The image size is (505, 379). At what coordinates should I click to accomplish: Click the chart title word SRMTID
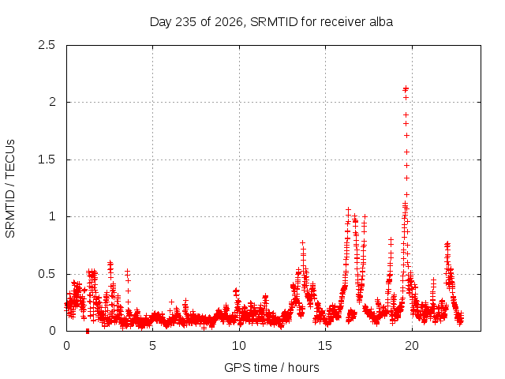pyautogui.click(x=274, y=22)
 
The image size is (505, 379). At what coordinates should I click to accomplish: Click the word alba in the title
pyautogui.click(x=381, y=22)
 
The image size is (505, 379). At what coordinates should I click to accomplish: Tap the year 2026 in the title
pyautogui.click(x=228, y=22)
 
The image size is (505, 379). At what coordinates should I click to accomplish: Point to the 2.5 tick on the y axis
pyautogui.click(x=47, y=45)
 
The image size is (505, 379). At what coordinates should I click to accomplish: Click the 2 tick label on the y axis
pyautogui.click(x=52, y=102)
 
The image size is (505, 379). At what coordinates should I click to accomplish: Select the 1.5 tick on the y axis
pyautogui.click(x=47, y=159)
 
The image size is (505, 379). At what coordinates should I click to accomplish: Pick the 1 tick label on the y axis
pyautogui.click(x=53, y=216)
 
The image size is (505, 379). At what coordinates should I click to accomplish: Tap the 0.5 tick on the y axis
pyautogui.click(x=47, y=274)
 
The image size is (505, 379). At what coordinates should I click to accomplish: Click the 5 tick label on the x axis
pyautogui.click(x=152, y=346)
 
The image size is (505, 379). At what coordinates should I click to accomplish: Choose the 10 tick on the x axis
pyautogui.click(x=239, y=346)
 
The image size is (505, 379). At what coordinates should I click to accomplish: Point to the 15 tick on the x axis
pyautogui.click(x=325, y=346)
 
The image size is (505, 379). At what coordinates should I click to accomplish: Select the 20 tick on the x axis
pyautogui.click(x=412, y=346)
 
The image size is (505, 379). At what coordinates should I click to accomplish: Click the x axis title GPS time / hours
pyautogui.click(x=271, y=368)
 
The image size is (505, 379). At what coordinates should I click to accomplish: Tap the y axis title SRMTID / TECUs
pyautogui.click(x=10, y=189)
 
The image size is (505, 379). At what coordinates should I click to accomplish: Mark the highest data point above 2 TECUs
pyautogui.click(x=406, y=88)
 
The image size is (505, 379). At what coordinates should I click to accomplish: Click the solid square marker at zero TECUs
pyautogui.click(x=88, y=332)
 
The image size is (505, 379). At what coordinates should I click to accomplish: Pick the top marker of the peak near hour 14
pyautogui.click(x=302, y=242)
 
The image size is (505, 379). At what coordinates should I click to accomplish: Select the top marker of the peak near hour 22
pyautogui.click(x=447, y=244)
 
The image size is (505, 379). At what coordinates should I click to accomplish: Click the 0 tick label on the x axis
pyautogui.click(x=66, y=346)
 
